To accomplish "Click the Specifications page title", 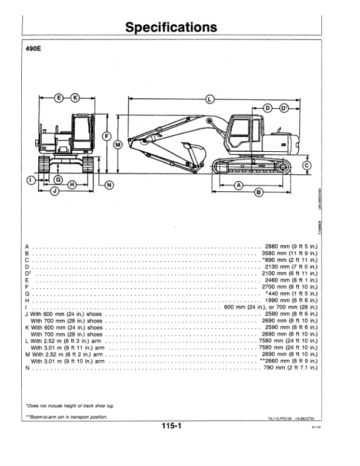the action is pyautogui.click(x=171, y=27).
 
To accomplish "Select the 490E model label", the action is pyautogui.click(x=34, y=48).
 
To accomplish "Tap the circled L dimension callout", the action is pyautogui.click(x=209, y=99).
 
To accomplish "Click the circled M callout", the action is pyautogui.click(x=118, y=145).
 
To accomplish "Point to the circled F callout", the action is pyautogui.click(x=106, y=137).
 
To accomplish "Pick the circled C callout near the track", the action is pyautogui.click(x=307, y=165).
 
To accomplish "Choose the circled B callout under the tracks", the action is pyautogui.click(x=259, y=192).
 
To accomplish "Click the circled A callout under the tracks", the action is pyautogui.click(x=239, y=186).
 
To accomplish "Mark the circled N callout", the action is pyautogui.click(x=109, y=185).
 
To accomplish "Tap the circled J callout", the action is pyautogui.click(x=55, y=191).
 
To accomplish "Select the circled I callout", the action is pyautogui.click(x=31, y=180).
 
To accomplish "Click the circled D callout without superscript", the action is pyautogui.click(x=268, y=108).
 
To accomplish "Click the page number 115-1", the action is pyautogui.click(x=171, y=426).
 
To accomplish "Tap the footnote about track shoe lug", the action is pyautogui.click(x=70, y=405).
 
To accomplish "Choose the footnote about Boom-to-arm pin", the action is pyautogui.click(x=66, y=417).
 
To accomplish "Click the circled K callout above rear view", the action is pyautogui.click(x=75, y=98).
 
